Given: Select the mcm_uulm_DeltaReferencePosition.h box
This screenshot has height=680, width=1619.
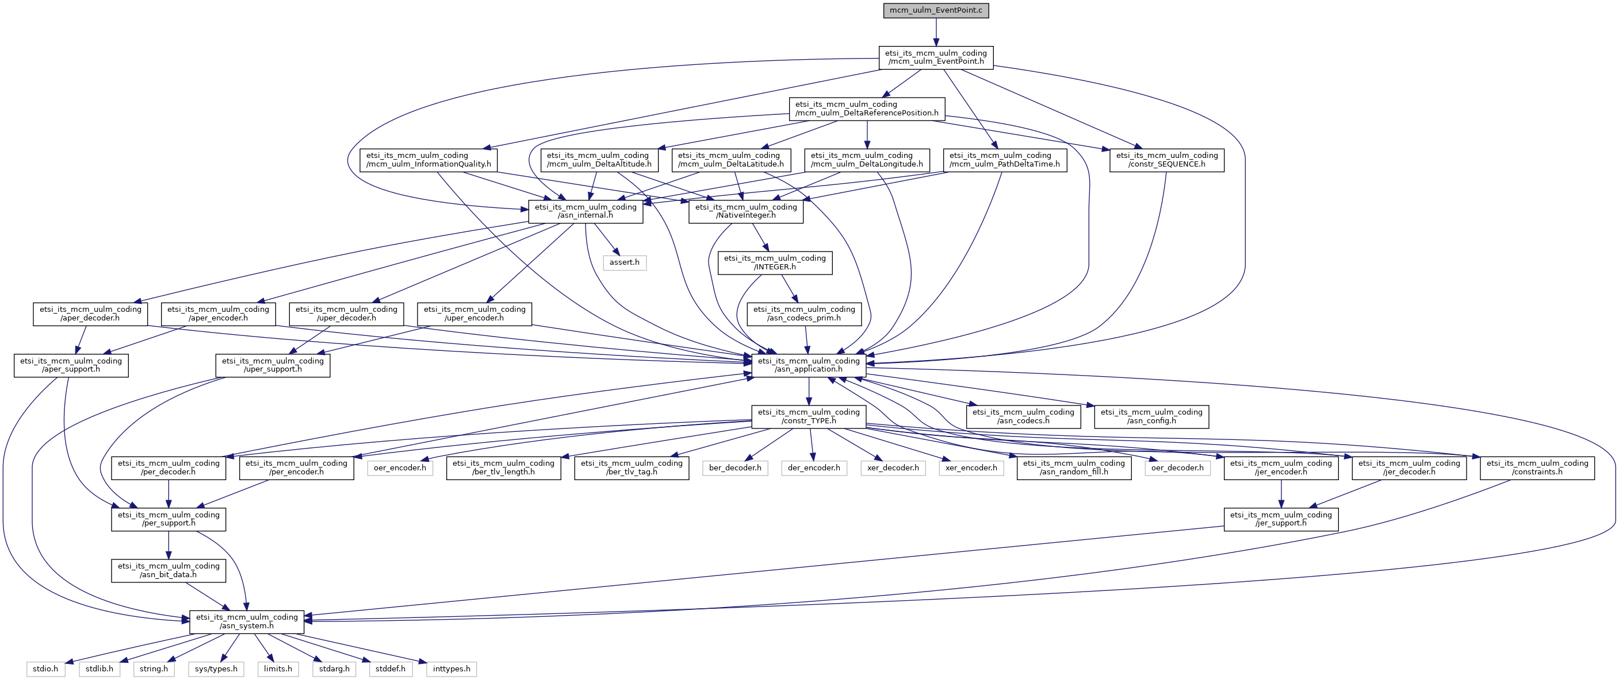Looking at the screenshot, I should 867,109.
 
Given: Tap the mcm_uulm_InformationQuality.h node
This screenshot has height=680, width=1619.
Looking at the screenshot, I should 428,160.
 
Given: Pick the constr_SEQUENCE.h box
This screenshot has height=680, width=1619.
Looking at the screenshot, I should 1166,160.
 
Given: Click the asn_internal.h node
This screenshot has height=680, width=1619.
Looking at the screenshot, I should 585,211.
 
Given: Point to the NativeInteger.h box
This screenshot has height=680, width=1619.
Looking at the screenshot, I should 745,211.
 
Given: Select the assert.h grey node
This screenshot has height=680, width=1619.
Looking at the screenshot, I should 624,262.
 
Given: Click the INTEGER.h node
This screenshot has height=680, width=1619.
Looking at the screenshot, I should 774,262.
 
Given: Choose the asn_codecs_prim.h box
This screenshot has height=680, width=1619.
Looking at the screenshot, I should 804,314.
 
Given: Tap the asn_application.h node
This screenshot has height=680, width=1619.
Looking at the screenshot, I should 808,365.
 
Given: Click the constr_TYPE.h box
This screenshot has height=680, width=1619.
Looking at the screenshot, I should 808,416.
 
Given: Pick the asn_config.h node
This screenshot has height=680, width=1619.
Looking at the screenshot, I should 1151,416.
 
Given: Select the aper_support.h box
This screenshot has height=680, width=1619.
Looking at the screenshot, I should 71,365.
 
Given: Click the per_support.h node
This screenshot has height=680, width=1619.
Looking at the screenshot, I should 169,519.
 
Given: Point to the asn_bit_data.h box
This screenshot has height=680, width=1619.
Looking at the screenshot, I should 169,570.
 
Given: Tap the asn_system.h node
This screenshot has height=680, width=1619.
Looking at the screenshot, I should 246,621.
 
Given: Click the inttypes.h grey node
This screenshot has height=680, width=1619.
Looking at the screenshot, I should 451,669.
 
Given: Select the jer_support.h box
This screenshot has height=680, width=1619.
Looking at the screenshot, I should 1280,519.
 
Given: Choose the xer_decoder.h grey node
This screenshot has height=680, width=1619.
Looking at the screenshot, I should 893,467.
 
